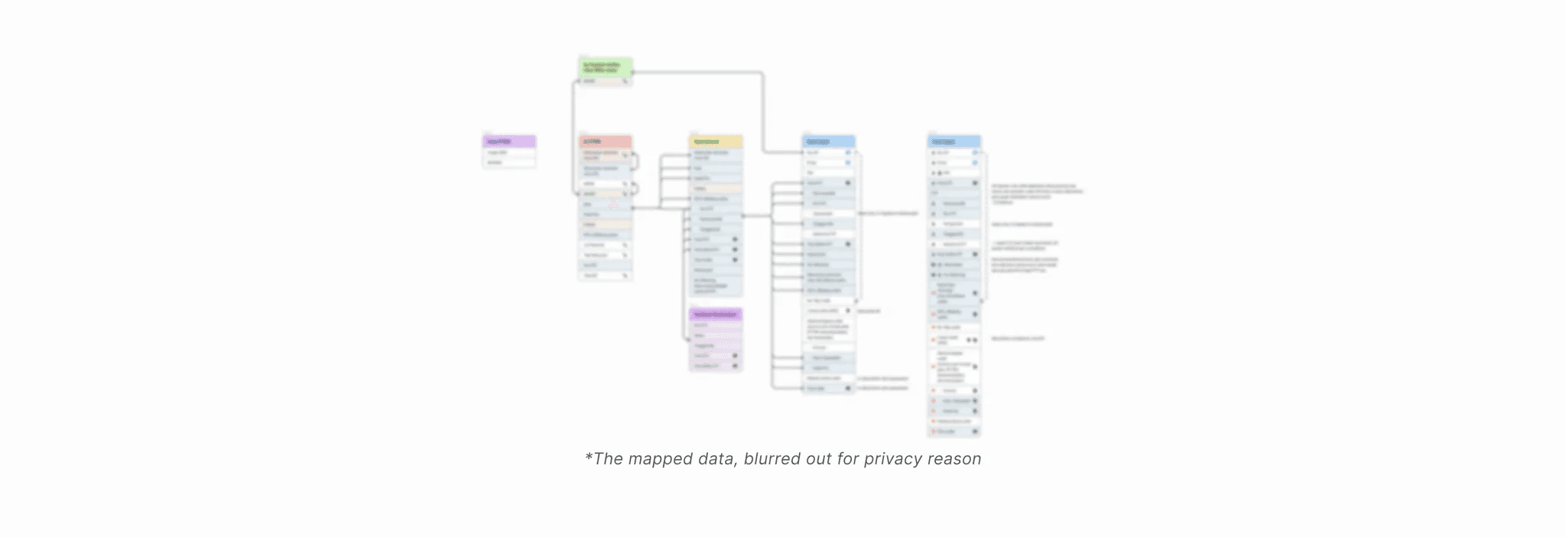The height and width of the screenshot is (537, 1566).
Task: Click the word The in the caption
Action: click(609, 459)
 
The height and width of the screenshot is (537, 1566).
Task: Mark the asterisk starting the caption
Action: click(588, 457)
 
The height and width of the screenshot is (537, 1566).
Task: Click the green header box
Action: click(605, 67)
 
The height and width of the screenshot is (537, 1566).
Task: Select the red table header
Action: click(605, 142)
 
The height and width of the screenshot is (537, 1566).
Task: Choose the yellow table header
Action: click(716, 142)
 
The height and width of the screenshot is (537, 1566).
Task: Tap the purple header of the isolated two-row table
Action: click(509, 142)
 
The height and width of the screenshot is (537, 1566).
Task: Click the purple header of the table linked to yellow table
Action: click(716, 314)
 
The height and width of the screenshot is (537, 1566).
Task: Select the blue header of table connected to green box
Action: click(829, 142)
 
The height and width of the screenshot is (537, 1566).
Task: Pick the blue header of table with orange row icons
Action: click(954, 142)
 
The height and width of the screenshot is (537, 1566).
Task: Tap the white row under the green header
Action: click(605, 81)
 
